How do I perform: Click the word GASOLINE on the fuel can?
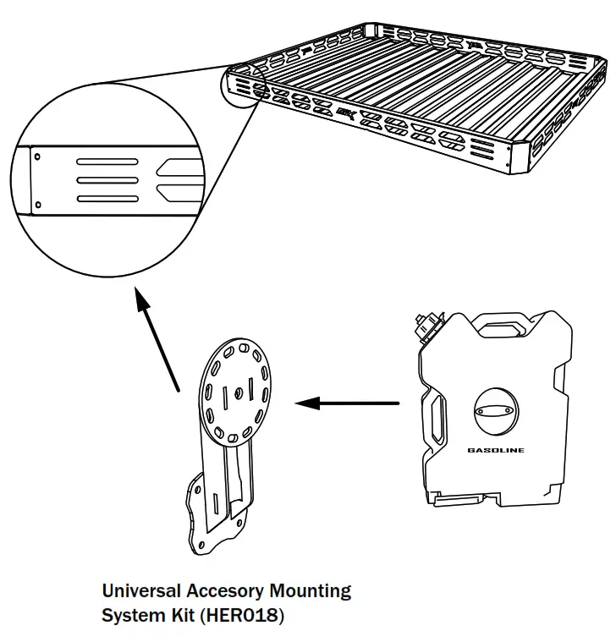(x=495, y=450)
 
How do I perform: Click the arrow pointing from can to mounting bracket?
(x=347, y=403)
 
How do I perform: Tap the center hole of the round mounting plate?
(x=239, y=392)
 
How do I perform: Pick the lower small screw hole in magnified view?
(x=39, y=203)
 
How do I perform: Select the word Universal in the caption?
(x=140, y=590)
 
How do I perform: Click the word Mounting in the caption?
(x=314, y=590)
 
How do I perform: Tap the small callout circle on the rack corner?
(x=244, y=86)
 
